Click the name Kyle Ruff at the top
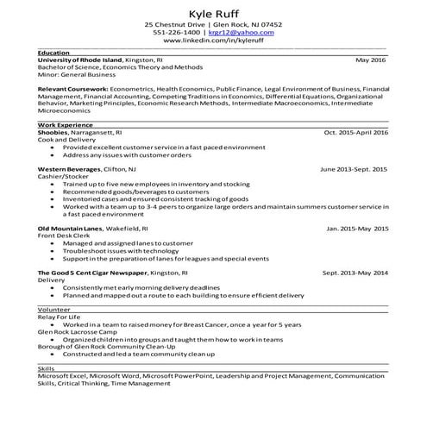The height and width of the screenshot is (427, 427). [213, 12]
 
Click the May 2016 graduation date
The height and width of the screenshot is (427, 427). [372, 60]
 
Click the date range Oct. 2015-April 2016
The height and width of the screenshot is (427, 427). [355, 133]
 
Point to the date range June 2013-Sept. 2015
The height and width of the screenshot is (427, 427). [354, 169]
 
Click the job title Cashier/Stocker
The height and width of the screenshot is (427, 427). [63, 176]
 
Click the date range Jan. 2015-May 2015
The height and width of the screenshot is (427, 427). [358, 228]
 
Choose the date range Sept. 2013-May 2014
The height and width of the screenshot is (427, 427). [355, 273]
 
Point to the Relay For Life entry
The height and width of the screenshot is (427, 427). [59, 317]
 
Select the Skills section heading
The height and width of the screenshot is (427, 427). [47, 368]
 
